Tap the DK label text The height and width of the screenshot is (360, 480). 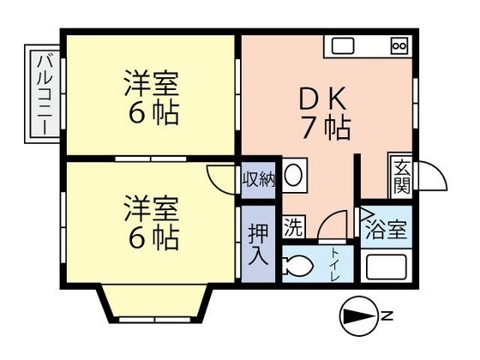tap(322, 99)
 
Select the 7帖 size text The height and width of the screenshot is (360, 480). tap(327, 128)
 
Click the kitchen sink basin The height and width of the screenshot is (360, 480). tap(343, 46)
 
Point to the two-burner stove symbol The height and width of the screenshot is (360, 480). tap(399, 46)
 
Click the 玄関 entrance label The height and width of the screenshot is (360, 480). tap(402, 177)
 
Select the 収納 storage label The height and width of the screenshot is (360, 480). tap(258, 180)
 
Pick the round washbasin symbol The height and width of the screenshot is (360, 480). tap(294, 176)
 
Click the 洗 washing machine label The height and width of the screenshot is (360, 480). tap(293, 226)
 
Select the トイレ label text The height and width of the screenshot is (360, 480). tap(334, 265)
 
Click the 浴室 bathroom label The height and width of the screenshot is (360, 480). tap(387, 230)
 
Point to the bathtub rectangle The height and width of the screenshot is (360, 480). tap(386, 265)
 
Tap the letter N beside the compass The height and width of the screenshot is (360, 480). tap(387, 315)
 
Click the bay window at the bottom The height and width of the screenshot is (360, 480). tap(154, 304)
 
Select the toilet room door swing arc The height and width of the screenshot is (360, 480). tap(333, 225)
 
